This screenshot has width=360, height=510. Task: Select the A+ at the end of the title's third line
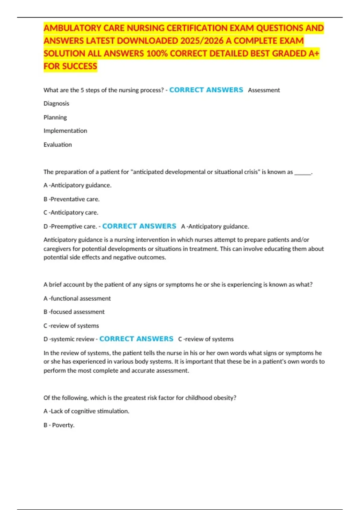(x=314, y=53)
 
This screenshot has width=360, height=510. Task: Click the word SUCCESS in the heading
(x=79, y=66)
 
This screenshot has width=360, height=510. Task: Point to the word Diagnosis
(x=56, y=103)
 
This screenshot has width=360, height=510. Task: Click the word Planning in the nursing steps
(x=55, y=117)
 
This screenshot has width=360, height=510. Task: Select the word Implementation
(x=65, y=131)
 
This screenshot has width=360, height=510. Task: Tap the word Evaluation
(x=58, y=145)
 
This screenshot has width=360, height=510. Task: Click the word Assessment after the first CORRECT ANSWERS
(x=264, y=90)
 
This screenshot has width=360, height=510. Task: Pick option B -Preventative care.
(x=71, y=199)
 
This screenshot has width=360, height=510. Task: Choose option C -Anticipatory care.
(x=71, y=213)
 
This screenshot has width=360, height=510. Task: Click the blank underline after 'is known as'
(x=303, y=172)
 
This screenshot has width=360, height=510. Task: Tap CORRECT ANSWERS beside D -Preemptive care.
(x=139, y=226)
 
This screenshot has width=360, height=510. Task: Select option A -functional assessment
(x=77, y=298)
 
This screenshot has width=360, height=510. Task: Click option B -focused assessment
(x=74, y=312)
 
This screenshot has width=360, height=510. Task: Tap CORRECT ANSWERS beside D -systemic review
(x=136, y=339)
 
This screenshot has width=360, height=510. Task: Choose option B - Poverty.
(x=59, y=425)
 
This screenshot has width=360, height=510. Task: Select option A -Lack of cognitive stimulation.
(x=86, y=411)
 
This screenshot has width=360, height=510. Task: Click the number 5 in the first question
(x=82, y=90)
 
